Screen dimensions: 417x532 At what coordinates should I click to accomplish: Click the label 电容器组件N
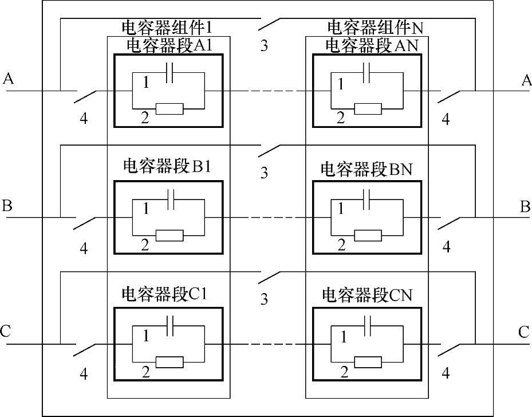tap(375, 27)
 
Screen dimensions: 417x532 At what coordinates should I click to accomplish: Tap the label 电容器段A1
tap(169, 46)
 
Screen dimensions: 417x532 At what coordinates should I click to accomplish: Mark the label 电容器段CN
tap(367, 295)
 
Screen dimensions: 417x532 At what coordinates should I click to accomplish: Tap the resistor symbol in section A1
tap(170, 108)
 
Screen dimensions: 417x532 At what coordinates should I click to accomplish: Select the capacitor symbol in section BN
tap(368, 199)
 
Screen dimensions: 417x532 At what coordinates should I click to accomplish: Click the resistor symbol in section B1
tap(170, 235)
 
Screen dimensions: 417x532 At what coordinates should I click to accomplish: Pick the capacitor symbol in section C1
tap(169, 326)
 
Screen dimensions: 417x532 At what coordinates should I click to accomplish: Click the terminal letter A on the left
tap(8, 79)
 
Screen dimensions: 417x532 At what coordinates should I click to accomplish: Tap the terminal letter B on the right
tap(525, 206)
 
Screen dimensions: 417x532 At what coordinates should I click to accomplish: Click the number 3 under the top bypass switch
tap(264, 46)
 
